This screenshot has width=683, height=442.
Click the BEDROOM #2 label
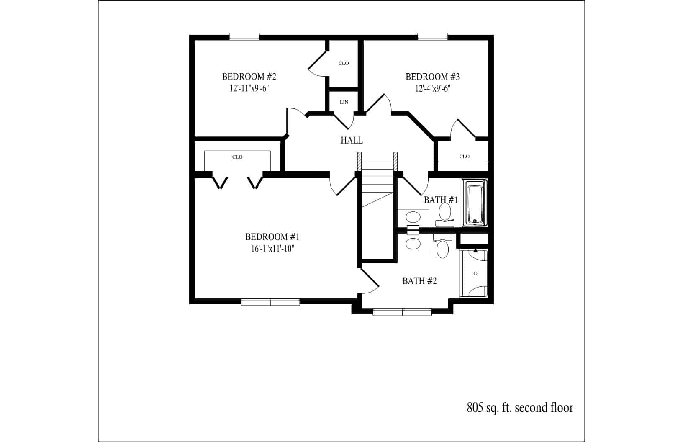point(249,77)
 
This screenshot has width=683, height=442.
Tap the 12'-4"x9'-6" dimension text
point(433,88)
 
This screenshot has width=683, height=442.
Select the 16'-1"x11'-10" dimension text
point(272,249)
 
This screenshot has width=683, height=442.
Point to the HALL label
point(352,140)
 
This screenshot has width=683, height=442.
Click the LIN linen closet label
point(344,102)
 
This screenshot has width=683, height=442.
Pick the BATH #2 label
point(420,281)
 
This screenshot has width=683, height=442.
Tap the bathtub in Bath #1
point(475,203)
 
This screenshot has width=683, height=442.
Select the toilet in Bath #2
point(443,246)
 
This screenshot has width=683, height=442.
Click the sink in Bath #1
point(413,217)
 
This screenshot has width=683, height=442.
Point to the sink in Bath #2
point(413,244)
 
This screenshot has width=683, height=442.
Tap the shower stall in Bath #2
point(474,273)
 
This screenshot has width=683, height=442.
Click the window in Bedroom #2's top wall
point(244,36)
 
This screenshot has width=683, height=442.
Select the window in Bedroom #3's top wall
point(433,36)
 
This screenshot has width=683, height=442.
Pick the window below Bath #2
point(402,312)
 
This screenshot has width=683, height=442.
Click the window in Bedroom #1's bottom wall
point(270,302)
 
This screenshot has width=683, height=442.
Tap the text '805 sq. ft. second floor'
point(520,408)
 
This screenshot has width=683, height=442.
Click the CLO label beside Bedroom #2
point(344,63)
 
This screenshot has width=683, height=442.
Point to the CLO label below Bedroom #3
point(465,157)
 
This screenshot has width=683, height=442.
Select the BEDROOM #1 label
point(272,237)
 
